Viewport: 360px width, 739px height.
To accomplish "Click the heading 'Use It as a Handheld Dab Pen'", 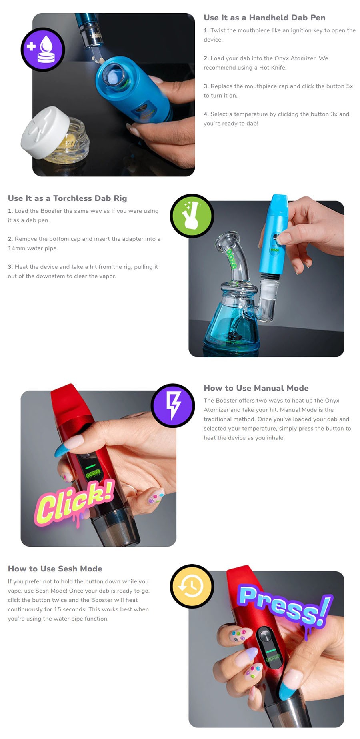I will tap(264, 18).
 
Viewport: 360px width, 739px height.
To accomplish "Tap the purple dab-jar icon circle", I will tap(43, 50).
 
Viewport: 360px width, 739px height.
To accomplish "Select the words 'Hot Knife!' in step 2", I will tap(273, 68).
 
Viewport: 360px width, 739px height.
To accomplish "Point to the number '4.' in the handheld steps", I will tap(206, 114).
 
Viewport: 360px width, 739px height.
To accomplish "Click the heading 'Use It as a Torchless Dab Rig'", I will tap(67, 198).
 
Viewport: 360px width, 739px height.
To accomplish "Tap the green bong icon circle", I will tap(192, 216).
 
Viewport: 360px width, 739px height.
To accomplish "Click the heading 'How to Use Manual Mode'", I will tap(256, 388).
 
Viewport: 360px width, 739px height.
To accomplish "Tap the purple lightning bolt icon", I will tap(173, 405).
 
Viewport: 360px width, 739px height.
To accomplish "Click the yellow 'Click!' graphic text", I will tap(74, 502).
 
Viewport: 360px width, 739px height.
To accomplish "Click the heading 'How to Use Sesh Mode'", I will tap(55, 569).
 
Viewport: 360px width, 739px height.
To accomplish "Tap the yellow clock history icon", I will tap(192, 586).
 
